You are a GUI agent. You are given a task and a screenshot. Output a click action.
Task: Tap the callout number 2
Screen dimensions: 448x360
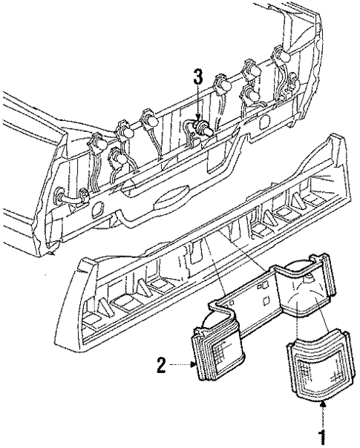160,363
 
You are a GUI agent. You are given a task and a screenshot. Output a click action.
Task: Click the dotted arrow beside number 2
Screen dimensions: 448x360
181,363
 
